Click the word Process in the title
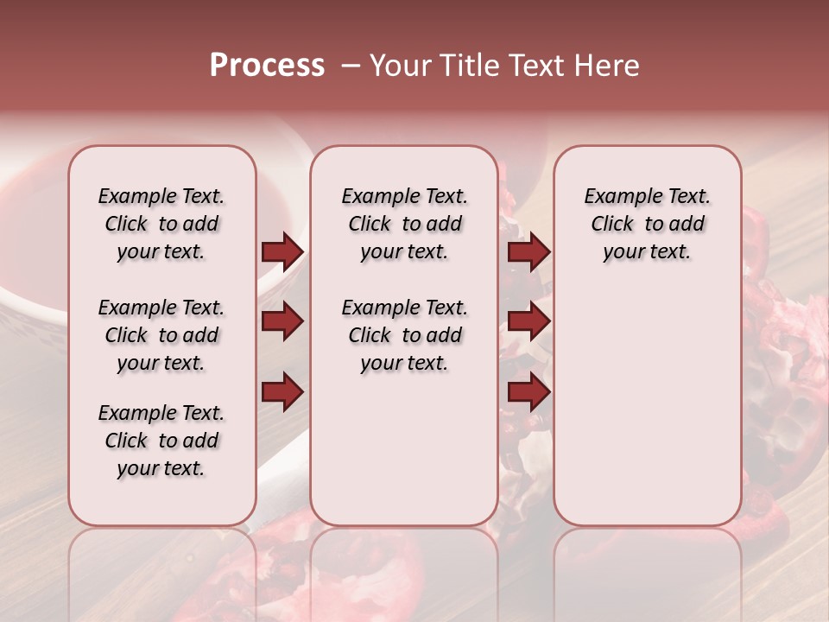pos(267,65)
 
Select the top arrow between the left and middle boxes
pos(282,251)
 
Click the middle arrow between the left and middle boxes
pos(282,321)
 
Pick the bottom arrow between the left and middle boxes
pos(282,393)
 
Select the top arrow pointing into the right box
pos(528,251)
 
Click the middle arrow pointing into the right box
pos(528,321)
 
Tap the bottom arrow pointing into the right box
pos(528,393)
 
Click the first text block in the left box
pos(161,224)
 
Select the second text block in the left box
pos(161,335)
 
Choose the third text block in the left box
pos(161,441)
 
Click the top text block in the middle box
pos(404,224)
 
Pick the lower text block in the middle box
pos(404,335)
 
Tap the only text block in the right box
pos(647,224)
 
